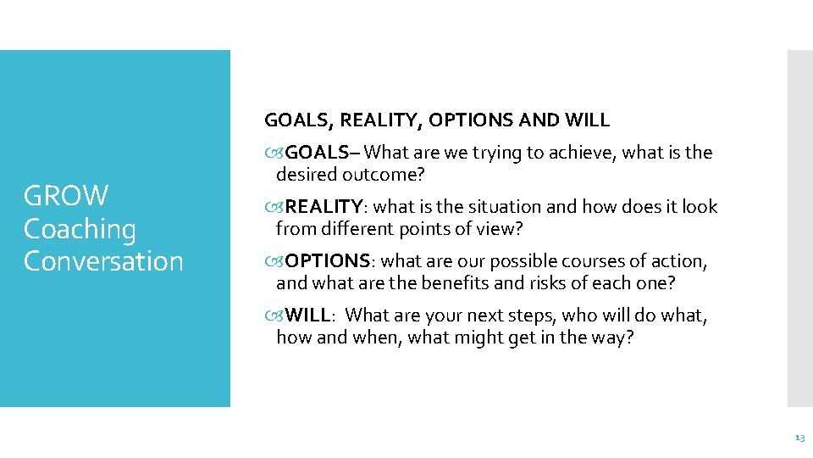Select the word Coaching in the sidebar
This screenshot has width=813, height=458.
(80, 229)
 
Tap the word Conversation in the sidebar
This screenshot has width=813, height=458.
(103, 261)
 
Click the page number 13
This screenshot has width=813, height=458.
(799, 438)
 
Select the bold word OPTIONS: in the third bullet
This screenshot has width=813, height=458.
(327, 261)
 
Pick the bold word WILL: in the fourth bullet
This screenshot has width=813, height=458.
(311, 316)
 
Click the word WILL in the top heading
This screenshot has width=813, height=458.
(588, 120)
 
